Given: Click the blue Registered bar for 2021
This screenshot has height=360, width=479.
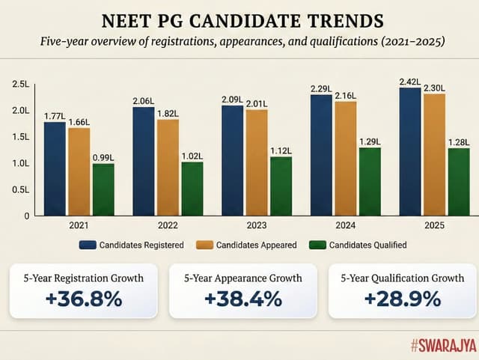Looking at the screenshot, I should click(55, 168).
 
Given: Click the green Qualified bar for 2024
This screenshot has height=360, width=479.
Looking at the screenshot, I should click(370, 181).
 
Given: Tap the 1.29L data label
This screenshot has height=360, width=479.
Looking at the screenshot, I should click(370, 141).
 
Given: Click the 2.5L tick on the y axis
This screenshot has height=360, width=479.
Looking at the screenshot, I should click(20, 85).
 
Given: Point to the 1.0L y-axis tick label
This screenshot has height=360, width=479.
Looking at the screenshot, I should click(20, 163).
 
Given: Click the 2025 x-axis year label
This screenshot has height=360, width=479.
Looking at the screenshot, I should click(435, 225).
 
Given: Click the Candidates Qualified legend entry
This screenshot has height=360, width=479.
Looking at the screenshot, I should click(360, 245).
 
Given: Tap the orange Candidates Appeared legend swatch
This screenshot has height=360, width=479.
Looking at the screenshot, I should click(204, 245).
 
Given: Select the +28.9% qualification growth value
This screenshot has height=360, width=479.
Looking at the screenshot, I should click(401, 298).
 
